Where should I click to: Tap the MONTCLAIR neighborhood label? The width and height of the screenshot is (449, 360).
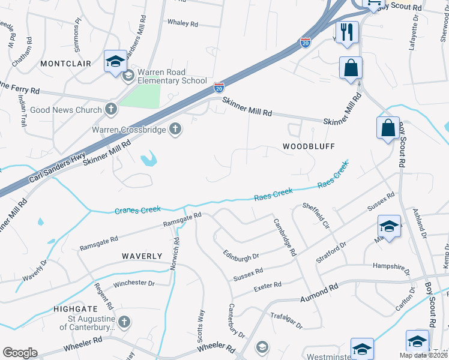[65, 63]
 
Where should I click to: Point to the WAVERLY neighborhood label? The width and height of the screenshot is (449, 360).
[142, 256]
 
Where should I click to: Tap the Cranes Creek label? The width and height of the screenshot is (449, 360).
[137, 210]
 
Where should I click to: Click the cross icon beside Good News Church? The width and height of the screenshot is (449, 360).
[110, 109]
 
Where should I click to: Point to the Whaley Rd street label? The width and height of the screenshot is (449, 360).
[182, 23]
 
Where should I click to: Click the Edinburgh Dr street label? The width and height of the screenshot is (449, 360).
[240, 256]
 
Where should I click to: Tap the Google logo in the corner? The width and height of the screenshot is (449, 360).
[20, 353]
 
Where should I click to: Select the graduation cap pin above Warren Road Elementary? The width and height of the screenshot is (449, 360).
[115, 61]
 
